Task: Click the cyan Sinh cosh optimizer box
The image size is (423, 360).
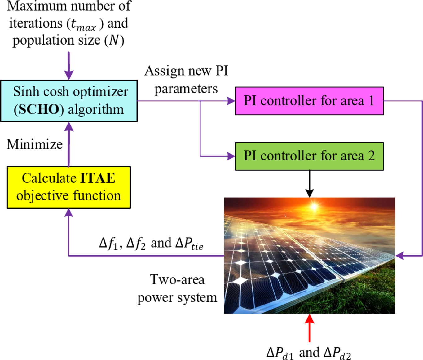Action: click(69, 101)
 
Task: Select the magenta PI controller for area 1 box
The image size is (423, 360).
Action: click(309, 101)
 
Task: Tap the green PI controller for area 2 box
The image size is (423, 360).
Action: click(309, 156)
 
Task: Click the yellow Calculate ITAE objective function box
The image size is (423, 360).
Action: click(68, 187)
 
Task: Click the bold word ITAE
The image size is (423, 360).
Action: click(98, 178)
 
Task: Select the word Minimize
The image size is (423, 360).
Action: click(35, 144)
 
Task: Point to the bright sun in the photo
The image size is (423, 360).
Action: click(314, 206)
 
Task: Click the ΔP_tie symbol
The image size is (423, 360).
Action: click(189, 244)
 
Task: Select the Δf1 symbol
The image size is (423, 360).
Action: click(108, 244)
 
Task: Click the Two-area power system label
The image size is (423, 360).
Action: click(177, 288)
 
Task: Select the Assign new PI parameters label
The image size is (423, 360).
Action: click(186, 80)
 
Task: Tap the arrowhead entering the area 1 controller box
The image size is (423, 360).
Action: click(231, 101)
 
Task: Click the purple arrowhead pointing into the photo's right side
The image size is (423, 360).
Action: click(399, 256)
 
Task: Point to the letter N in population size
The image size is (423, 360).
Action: click(114, 40)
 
